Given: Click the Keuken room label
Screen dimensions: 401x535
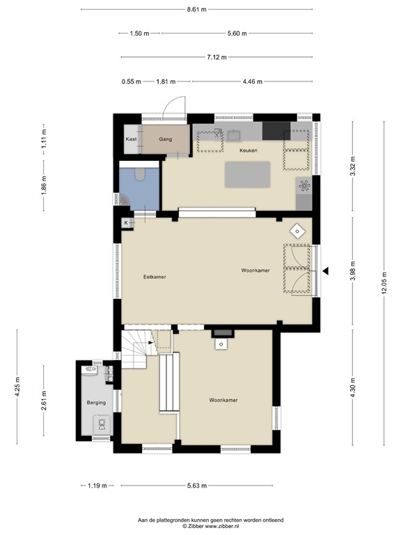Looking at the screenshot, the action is tap(249, 150).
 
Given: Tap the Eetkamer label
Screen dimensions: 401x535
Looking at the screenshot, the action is tap(155, 277).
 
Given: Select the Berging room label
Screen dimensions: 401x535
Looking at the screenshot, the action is tap(96, 403).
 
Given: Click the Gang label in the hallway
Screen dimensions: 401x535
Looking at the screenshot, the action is tap(166, 139).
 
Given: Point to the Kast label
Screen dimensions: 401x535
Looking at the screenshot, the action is tap(132, 139).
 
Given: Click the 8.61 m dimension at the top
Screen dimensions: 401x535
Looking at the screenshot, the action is tap(197, 10).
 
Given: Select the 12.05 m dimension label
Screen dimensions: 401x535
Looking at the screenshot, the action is tap(384, 283).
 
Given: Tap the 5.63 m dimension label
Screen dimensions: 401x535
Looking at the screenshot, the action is tap(197, 486).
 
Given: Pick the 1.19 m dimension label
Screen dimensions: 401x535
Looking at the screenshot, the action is tap(97, 486).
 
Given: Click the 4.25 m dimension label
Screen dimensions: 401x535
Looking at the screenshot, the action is tap(17, 387).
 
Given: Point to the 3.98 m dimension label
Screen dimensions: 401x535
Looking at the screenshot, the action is tap(352, 270).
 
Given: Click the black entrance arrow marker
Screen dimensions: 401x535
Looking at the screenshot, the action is tap(326, 271).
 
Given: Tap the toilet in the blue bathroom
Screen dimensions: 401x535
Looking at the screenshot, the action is tap(140, 174).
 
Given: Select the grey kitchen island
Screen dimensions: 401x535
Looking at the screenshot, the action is tap(248, 175).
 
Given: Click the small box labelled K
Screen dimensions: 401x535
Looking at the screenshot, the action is tap(126, 223).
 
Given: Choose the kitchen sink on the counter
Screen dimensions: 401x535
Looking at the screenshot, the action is tap(234, 135).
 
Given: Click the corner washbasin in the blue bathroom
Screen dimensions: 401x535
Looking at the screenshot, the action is tap(123, 200).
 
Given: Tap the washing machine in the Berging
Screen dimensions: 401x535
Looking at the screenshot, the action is tap(102, 424).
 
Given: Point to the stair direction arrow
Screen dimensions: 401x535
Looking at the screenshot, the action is tap(150, 343).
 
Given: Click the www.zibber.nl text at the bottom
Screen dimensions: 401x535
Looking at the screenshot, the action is tap(221, 526).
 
